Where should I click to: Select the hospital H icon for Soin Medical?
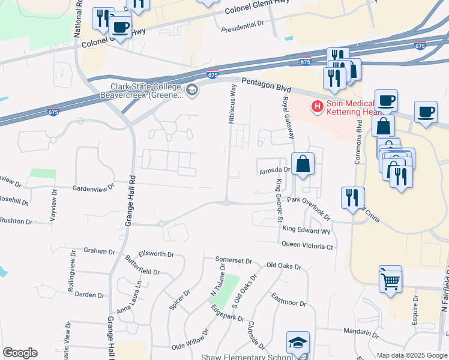tap(316, 107)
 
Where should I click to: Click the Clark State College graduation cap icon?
tap(192, 91)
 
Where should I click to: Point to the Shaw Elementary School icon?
tap(298, 344)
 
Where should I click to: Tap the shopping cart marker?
tap(391, 279)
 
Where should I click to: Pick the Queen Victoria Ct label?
tap(307, 247)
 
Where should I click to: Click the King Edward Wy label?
tap(307, 230)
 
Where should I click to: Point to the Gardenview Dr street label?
tap(93, 187)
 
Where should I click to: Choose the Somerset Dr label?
tap(234, 260)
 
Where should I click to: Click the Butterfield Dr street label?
tap(142, 265)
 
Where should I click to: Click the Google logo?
tap(20, 353)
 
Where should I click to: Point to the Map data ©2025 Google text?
tap(412, 355)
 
